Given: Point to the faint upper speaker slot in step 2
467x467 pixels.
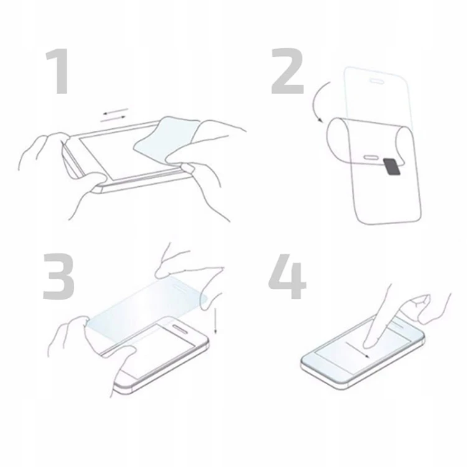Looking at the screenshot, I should pyautogui.click(x=377, y=80).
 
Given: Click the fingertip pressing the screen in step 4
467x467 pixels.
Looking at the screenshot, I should pyautogui.click(x=372, y=341).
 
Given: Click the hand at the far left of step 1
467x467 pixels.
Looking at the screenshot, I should pyautogui.click(x=40, y=156).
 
